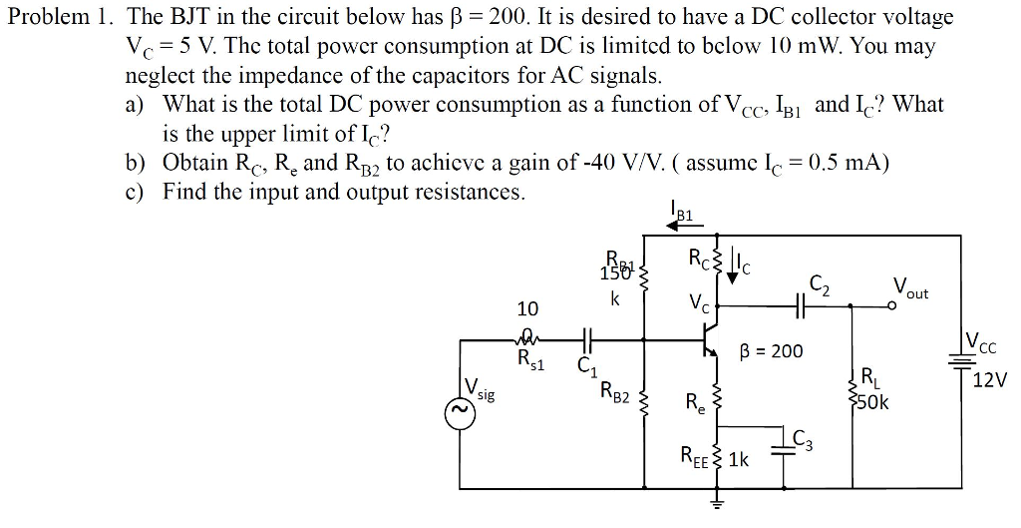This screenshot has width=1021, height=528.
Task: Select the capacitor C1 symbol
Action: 585,340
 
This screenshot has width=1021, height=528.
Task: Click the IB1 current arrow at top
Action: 683,225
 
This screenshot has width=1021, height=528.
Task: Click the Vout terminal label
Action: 910,289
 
